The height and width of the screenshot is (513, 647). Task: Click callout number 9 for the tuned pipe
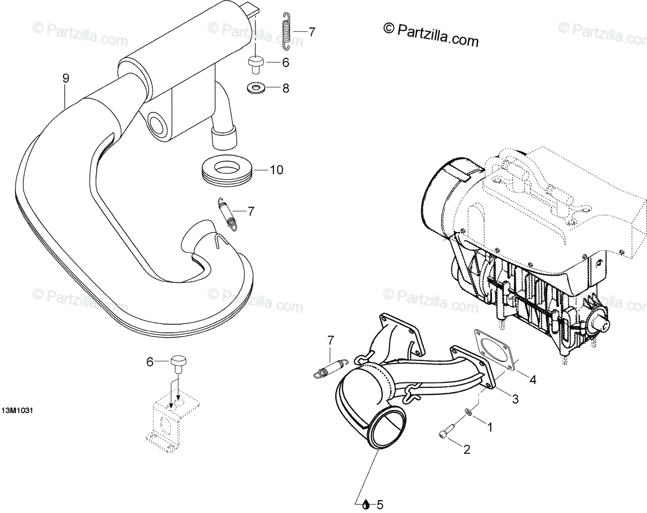pos(66,79)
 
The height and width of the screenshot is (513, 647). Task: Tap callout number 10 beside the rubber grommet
pos(276,170)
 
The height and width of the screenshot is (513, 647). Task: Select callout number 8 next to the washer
pos(285,88)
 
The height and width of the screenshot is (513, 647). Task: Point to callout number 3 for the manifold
pos(515,399)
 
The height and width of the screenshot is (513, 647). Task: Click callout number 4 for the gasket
pos(533,380)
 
